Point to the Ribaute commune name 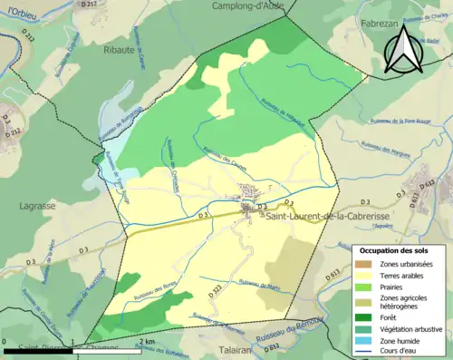[x=120, y=50]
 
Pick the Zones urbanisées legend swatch [x=366, y=263]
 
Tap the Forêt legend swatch [x=366, y=317]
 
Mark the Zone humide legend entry [x=403, y=341]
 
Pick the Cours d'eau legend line [x=366, y=353]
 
